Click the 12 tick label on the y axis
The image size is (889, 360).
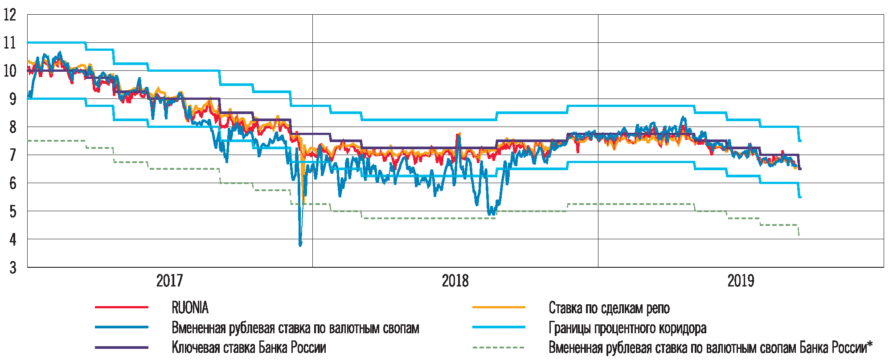(9, 15)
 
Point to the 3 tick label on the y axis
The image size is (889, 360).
(12, 267)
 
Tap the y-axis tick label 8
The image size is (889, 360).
(12, 127)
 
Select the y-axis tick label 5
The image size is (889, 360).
(12, 211)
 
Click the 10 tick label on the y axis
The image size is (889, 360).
(9, 70)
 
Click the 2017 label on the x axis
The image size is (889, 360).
(169, 281)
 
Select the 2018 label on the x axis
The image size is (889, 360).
(455, 281)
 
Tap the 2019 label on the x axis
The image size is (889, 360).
(741, 281)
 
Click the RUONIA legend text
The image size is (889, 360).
(190, 307)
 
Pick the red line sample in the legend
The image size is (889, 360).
(122, 307)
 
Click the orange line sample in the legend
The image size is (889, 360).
(499, 307)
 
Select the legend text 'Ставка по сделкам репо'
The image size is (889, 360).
(609, 308)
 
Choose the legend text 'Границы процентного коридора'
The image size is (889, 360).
(627, 328)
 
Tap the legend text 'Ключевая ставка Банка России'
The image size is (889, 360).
(249, 348)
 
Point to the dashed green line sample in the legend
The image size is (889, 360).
(499, 348)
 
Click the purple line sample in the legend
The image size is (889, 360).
(122, 348)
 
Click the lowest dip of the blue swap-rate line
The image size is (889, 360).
(300, 245)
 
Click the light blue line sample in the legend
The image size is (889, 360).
(499, 327)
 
